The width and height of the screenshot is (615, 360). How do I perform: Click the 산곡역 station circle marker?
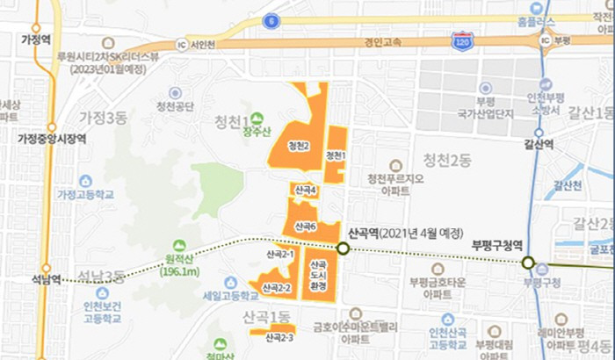point(343,248)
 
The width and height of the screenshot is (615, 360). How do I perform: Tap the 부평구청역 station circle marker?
point(528,262)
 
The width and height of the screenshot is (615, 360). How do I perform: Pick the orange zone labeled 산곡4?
point(305,191)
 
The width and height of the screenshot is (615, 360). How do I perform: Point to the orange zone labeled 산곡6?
point(305,225)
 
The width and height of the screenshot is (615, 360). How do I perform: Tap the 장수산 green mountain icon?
point(257,118)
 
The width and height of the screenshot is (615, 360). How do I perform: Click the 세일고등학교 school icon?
point(230,282)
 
